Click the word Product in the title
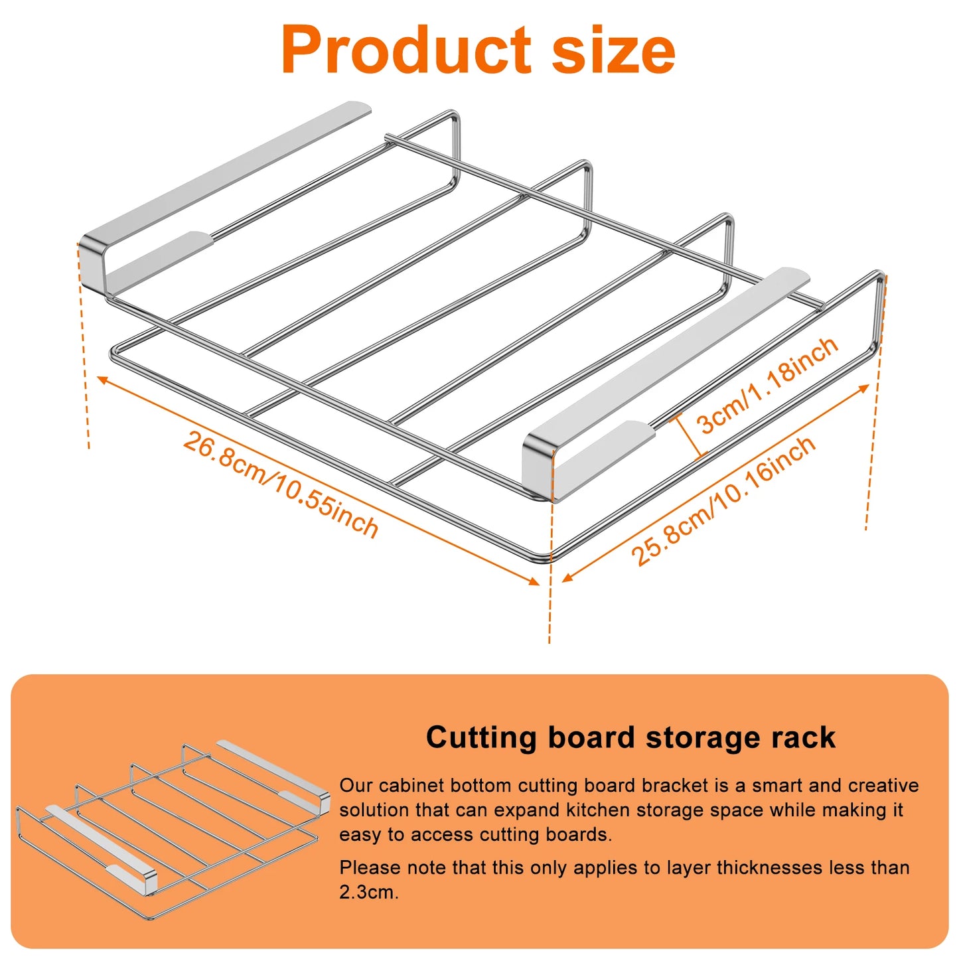point(406,50)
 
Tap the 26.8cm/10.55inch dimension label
point(280,485)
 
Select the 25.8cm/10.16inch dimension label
point(723,502)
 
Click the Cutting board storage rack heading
point(630,738)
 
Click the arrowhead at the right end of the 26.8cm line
point(534,582)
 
